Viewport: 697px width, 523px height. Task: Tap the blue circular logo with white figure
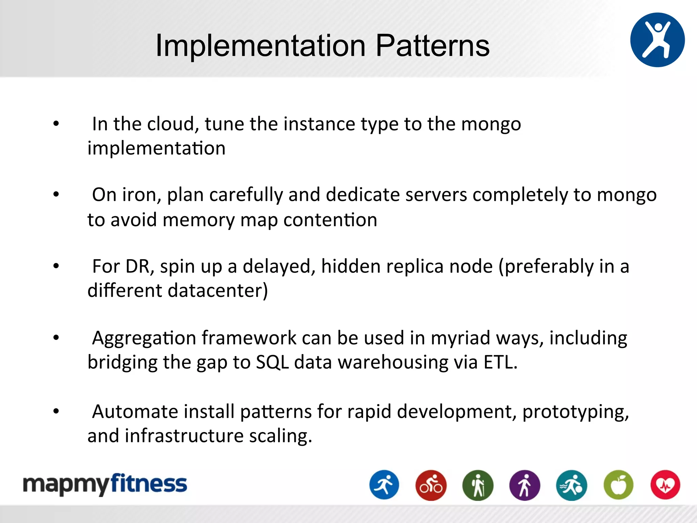click(657, 40)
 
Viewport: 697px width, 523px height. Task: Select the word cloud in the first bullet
click(173, 124)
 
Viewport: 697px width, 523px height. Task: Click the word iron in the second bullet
click(141, 195)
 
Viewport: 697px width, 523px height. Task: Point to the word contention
click(330, 220)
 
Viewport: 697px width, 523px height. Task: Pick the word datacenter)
click(218, 290)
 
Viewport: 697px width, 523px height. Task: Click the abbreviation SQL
click(272, 362)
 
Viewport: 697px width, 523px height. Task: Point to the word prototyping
click(575, 412)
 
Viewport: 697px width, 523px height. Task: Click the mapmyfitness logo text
click(105, 485)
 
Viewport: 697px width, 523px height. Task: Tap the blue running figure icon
click(384, 485)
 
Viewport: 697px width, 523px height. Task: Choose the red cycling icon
click(431, 485)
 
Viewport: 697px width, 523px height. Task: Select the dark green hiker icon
click(478, 485)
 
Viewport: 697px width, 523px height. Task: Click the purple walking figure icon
click(524, 485)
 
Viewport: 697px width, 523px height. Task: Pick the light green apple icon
click(618, 485)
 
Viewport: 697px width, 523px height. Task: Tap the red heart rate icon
click(665, 485)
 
